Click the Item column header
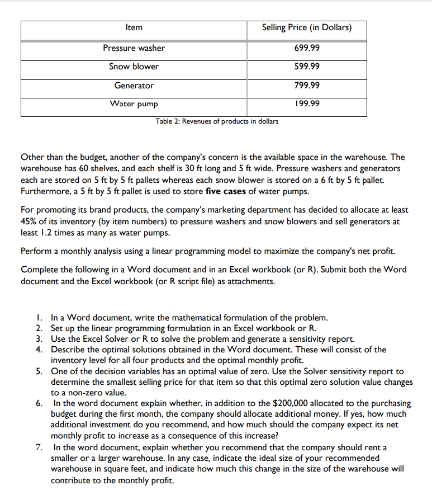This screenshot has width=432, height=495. [x=134, y=27]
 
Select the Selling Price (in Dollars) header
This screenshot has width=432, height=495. [x=306, y=27]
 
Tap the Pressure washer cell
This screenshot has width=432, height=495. [x=134, y=48]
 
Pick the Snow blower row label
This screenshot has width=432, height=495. [x=134, y=67]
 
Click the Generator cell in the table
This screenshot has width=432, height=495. [x=134, y=86]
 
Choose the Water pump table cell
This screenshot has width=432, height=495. [x=134, y=104]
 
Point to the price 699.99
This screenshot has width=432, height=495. [x=306, y=48]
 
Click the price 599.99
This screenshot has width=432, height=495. [x=306, y=67]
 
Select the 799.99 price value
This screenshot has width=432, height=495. [x=306, y=86]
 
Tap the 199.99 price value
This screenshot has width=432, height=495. [x=306, y=104]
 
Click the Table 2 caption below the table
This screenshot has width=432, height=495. [x=217, y=121]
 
